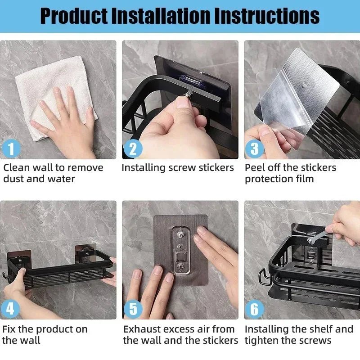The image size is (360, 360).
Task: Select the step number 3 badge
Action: click(254, 148)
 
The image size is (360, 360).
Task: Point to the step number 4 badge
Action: click(10, 309)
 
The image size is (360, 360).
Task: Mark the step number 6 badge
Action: click(254, 309)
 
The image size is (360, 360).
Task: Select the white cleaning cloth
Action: click(45, 85)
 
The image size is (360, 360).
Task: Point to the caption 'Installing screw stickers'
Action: click(178, 168)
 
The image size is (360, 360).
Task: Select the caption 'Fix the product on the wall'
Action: click(45, 334)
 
